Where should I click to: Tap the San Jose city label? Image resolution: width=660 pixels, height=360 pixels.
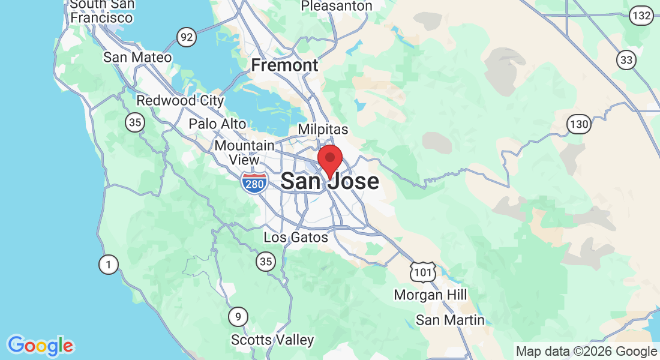pos(329,181)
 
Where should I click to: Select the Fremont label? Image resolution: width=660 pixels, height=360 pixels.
pos(284,65)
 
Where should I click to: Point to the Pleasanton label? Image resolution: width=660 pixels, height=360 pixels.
pos(336,6)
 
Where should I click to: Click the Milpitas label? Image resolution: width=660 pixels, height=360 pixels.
pos(323,130)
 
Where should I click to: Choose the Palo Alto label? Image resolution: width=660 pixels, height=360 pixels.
pos(217,124)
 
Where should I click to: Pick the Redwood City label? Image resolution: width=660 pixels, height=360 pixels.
pos(180,101)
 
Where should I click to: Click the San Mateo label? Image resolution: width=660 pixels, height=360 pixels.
pos(137,58)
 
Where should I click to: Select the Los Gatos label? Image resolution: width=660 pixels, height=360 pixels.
pos(296,238)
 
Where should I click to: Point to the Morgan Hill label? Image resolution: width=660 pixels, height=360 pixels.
pos(430,295)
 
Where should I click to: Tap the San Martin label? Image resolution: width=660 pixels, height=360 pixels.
pos(450,320)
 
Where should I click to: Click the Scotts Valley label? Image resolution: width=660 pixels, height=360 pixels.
pos(272,340)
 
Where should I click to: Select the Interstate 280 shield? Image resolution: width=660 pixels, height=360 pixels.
pos(254,184)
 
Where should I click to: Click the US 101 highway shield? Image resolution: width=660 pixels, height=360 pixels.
pos(421,272)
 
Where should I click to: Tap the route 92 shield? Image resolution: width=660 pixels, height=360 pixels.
pos(187,38)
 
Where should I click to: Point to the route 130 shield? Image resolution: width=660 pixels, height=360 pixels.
pos(579,124)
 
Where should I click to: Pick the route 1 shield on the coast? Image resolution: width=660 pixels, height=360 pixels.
pos(108,264)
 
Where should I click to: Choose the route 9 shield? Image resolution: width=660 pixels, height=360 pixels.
pos(238,316)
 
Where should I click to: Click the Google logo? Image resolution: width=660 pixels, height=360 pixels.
pos(40,346)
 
